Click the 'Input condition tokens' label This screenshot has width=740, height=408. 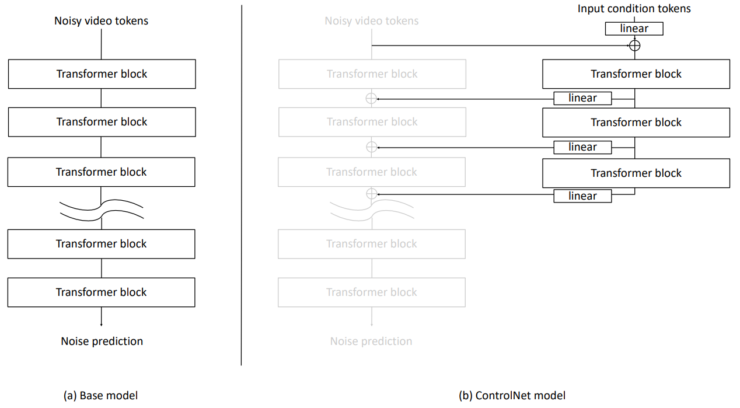pyautogui.click(x=634, y=9)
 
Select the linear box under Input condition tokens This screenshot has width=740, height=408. pyautogui.click(x=634, y=29)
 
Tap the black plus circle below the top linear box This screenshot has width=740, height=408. pyautogui.click(x=634, y=46)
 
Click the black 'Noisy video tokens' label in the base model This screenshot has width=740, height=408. pyautogui.click(x=101, y=21)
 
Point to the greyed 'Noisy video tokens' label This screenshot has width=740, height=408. pyautogui.click(x=372, y=21)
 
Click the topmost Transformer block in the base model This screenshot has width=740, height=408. pyautogui.click(x=102, y=74)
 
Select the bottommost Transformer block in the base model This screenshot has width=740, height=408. pyautogui.click(x=102, y=292)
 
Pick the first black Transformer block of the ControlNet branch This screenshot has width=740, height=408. pyautogui.click(x=636, y=74)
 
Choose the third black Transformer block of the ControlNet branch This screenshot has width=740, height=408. pyautogui.click(x=636, y=173)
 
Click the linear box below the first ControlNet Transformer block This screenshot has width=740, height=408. pyautogui.click(x=583, y=99)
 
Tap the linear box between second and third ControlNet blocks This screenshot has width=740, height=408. pyautogui.click(x=583, y=147)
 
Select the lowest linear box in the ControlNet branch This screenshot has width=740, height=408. pyautogui.click(x=583, y=196)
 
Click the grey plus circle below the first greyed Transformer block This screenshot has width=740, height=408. pyautogui.click(x=371, y=99)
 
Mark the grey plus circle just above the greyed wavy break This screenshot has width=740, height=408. pyautogui.click(x=372, y=194)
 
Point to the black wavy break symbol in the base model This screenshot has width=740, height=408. pyautogui.click(x=102, y=210)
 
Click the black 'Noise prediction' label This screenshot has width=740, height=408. pyautogui.click(x=102, y=341)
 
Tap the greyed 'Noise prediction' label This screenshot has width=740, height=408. pyautogui.click(x=371, y=341)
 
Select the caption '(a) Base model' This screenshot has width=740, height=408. pyautogui.click(x=101, y=395)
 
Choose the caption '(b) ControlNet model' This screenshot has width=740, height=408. pyautogui.click(x=512, y=395)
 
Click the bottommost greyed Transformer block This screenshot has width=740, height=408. pyautogui.click(x=372, y=292)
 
